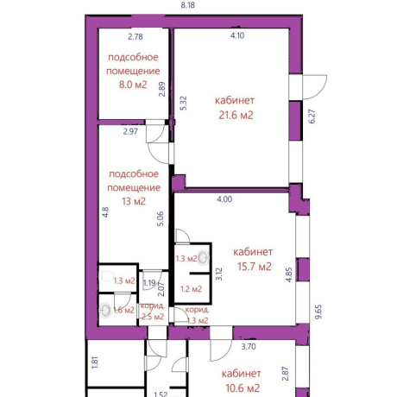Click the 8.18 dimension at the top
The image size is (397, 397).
coord(188,5)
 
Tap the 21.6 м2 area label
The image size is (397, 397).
coord(236,115)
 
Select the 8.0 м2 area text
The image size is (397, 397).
coord(133,85)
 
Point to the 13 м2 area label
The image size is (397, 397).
coord(134,201)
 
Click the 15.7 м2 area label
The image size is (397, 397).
coord(255,267)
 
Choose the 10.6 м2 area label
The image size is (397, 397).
coord(243,388)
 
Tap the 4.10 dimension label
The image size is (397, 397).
coord(237,35)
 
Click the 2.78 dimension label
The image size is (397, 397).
coord(135,36)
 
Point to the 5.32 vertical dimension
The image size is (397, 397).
coord(183,103)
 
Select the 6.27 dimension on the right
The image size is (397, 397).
coord(312,117)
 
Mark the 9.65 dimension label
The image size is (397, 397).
coord(318,312)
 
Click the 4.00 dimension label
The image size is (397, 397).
coord(224,199)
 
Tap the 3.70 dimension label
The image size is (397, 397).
coord(249,347)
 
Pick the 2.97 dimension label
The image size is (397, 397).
coord(130,131)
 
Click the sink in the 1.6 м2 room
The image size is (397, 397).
coord(105,311)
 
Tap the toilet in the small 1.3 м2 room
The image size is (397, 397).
coord(108,277)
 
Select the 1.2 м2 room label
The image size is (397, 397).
coord(191,289)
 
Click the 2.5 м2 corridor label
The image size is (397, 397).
coord(153,317)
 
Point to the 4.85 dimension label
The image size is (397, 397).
coord(289,274)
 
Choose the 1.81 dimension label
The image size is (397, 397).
coord(95,362)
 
